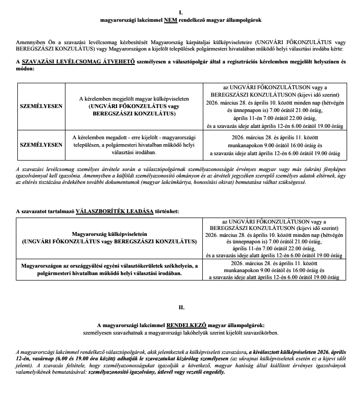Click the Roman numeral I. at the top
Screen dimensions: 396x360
[180, 11]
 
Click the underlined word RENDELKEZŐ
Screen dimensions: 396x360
[185, 325]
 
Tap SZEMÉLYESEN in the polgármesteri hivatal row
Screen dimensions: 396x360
[41, 145]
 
